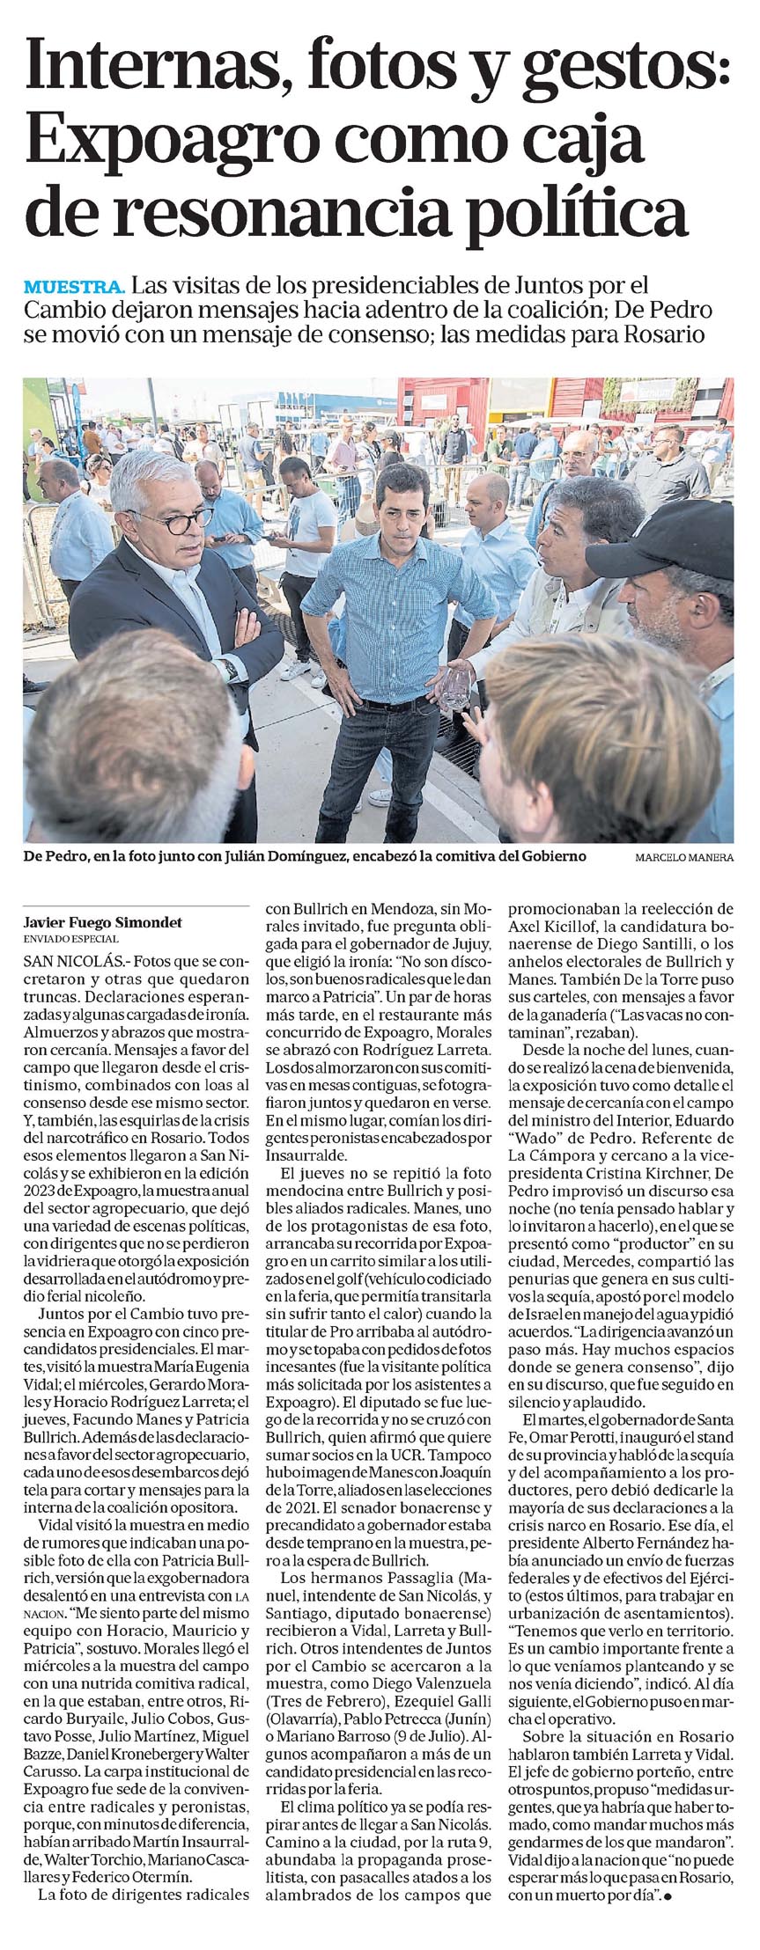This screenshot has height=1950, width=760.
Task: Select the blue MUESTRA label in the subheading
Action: point(75,286)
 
